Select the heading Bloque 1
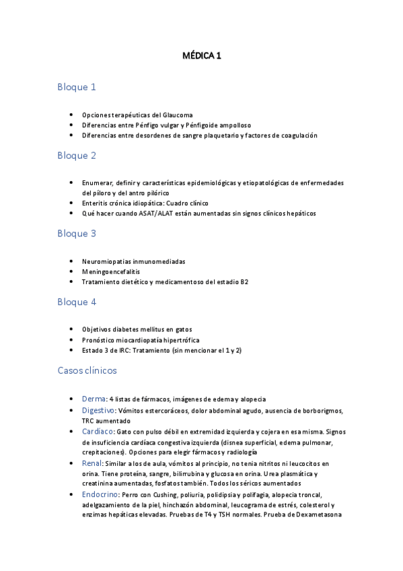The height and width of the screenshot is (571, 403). click(77, 87)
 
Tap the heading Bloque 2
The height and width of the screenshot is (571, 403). click(77, 156)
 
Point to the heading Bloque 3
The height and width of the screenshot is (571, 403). click(77, 234)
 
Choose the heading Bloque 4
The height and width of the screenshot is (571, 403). click(77, 302)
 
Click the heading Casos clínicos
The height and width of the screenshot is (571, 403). click(87, 371)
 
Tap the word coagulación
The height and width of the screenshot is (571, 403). click(295, 135)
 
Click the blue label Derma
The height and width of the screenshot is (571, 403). click(94, 399)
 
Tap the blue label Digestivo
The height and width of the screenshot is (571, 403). click(98, 409)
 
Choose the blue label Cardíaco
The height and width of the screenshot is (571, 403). click(97, 430)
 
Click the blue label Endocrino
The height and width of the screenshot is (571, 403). click(100, 494)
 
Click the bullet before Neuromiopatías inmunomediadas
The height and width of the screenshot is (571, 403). click(72, 261)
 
